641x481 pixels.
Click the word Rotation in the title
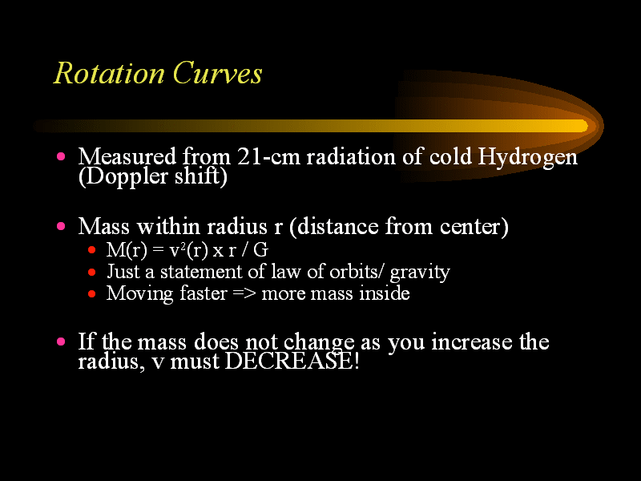109,74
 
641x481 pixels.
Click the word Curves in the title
217,74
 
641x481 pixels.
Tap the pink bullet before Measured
61,156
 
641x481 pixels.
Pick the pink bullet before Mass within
61,226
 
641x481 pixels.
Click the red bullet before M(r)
91,249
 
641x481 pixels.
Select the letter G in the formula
260,250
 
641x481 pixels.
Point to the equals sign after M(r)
158,250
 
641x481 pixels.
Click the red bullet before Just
91,272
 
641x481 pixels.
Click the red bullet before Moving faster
91,293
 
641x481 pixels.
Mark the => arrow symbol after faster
244,293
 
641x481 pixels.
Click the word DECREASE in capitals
289,362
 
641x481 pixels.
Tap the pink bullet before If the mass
61,342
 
